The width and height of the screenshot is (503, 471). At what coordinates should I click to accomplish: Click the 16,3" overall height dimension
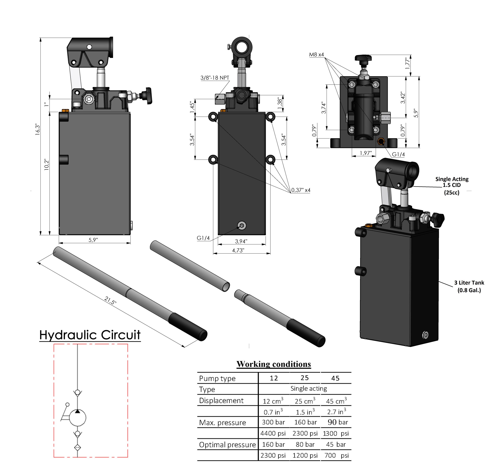(38, 129)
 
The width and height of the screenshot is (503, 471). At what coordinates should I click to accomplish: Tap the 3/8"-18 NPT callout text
(215, 78)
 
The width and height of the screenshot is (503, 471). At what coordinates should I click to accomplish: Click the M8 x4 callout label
(316, 55)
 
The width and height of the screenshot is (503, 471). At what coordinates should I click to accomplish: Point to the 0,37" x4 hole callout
(301, 190)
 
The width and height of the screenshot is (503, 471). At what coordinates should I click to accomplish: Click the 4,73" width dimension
(238, 250)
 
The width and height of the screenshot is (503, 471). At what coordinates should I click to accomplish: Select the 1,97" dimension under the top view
(366, 153)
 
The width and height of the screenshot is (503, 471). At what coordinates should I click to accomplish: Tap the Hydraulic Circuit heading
(90, 335)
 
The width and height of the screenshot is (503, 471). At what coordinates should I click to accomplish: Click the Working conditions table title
(274, 364)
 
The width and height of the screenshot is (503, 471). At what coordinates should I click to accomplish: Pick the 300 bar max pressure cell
(273, 422)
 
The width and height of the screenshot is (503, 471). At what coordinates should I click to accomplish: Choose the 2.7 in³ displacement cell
(336, 412)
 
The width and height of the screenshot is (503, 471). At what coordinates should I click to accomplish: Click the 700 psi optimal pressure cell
(336, 455)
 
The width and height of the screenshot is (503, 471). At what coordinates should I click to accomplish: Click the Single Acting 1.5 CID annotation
(452, 185)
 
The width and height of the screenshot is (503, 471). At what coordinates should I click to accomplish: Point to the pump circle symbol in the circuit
(77, 418)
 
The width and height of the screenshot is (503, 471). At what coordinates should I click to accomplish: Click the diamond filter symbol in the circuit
(77, 447)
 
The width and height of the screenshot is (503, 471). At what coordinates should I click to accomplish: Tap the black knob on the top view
(363, 58)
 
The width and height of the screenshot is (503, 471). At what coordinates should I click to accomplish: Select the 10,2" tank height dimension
(47, 164)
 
